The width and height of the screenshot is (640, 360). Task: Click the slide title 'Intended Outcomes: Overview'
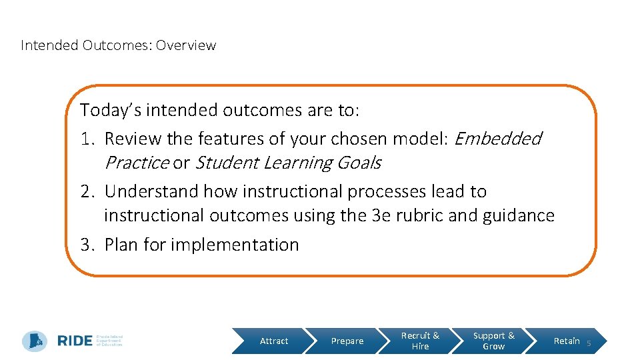119,45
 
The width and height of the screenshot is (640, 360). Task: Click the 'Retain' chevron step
566,341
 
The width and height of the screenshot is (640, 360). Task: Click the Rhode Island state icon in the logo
35,341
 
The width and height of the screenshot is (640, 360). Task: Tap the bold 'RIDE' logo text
75,341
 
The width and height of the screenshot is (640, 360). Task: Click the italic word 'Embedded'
497,139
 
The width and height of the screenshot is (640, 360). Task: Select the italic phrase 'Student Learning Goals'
287,163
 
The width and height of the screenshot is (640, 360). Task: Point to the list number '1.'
88,139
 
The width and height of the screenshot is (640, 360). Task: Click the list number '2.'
88,191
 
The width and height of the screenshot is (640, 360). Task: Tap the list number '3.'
88,245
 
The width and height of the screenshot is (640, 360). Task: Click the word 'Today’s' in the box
110,109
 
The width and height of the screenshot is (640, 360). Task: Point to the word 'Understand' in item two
151,191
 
